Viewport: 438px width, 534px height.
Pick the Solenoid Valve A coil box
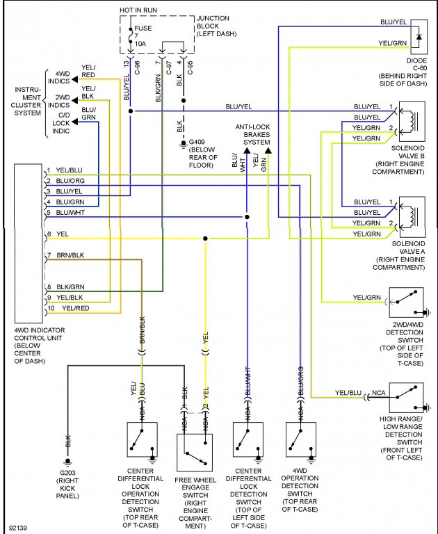point(412,218)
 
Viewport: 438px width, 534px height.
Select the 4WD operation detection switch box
point(300,439)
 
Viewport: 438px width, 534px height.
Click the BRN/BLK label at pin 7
point(71,255)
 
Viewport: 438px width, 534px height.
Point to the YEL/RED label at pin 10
point(76,307)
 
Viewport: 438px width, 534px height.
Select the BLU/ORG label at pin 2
point(70,181)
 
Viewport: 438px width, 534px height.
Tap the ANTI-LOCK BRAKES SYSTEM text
point(252,133)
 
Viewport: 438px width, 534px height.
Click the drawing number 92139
point(19,527)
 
